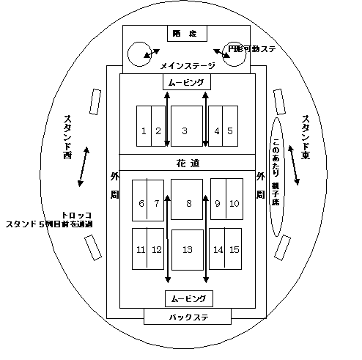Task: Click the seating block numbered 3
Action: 186,131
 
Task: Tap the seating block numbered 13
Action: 187,249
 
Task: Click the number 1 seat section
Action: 144,131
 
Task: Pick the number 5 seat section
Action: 230,131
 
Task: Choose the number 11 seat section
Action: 141,249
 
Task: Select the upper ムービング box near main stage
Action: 188,82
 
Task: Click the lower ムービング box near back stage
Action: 188,298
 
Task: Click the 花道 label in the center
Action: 188,163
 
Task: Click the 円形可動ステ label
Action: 254,48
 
